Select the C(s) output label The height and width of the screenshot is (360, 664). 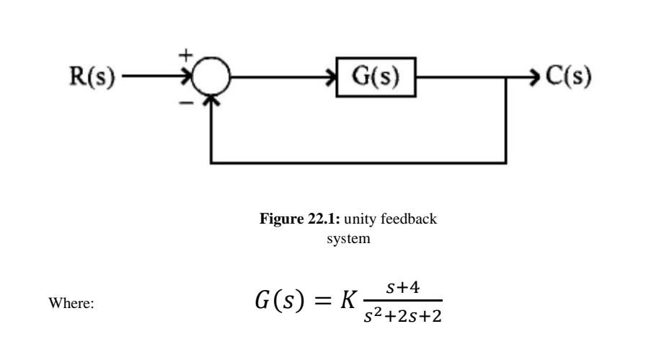coord(570,76)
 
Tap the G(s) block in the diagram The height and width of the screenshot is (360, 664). coord(376,76)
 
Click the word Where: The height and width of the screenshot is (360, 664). coord(72,304)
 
